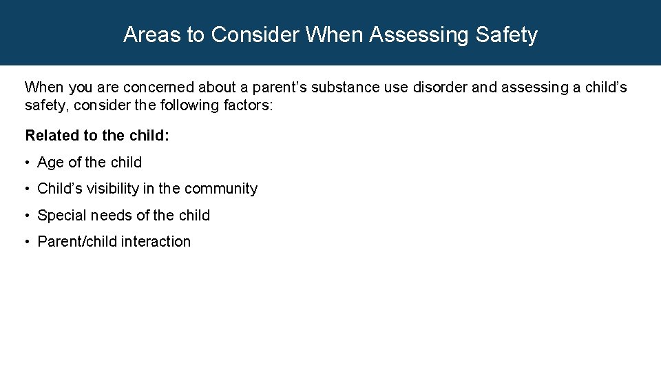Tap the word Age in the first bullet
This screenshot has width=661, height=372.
tap(51, 163)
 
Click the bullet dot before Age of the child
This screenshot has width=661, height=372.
tap(28, 163)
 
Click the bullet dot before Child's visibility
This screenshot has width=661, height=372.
tap(28, 189)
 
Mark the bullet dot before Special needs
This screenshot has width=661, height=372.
tap(28, 216)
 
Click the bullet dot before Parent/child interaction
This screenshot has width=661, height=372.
tap(28, 242)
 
